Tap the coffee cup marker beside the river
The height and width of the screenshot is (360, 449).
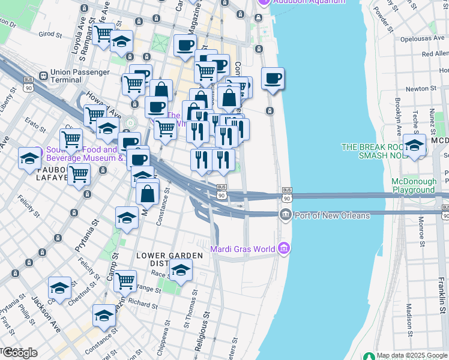(273, 79)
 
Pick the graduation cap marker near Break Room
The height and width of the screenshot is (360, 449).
(414, 146)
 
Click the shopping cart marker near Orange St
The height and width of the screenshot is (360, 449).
(125, 280)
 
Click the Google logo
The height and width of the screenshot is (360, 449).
(20, 353)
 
